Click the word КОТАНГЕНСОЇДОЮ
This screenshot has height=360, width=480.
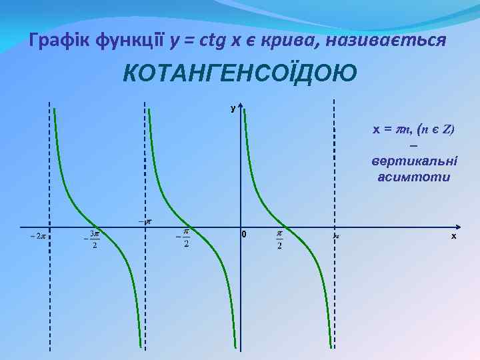(239, 73)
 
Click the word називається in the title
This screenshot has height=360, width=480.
(393, 41)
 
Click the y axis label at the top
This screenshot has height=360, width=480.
(233, 108)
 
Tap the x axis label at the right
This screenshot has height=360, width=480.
(453, 236)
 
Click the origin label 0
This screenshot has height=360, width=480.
(244, 235)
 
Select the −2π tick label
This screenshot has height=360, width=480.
(37, 235)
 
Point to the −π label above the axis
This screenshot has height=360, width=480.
(145, 219)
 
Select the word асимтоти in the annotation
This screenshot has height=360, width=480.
(413, 177)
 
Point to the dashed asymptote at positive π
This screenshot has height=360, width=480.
(334, 167)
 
